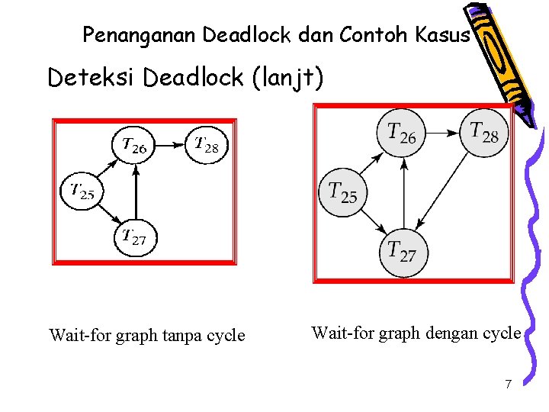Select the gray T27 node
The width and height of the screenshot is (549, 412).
[x=403, y=252]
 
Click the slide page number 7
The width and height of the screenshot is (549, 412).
[x=508, y=384]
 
